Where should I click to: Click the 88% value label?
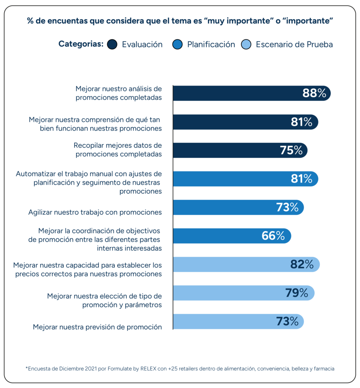314,93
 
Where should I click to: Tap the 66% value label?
273,236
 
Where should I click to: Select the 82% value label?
302,264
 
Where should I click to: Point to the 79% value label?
296,293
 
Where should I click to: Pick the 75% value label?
291,150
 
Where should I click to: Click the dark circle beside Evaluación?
113,44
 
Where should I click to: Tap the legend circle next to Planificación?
178,44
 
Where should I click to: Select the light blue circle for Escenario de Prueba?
246,44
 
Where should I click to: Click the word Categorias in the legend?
81,44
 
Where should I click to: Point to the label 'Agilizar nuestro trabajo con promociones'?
95,212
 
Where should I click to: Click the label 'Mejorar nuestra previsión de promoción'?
97,327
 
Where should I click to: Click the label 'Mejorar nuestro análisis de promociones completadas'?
119,93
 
